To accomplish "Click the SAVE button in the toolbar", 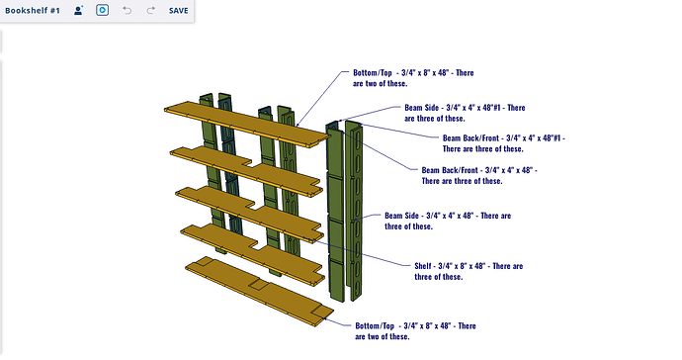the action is pos(178,11).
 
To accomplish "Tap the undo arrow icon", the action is pos(127,10).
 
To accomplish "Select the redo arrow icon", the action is pos(150,10).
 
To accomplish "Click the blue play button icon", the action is pos(102,10).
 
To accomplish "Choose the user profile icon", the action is pos(78,11).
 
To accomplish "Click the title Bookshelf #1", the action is pos(33,11).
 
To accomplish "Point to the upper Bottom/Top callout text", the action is pos(413,78).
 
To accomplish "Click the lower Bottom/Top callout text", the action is pos(415,331).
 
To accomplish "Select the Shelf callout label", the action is pos(469,271).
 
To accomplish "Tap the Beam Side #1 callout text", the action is pos(465,113).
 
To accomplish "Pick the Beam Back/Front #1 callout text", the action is pos(504,143).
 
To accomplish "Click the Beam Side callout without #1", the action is pos(448,221).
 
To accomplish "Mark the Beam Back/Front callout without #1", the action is pos(479,175).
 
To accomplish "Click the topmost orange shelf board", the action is pos(247,125).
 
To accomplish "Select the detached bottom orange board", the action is pos(260,291).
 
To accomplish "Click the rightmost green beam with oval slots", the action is pos(354,211).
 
